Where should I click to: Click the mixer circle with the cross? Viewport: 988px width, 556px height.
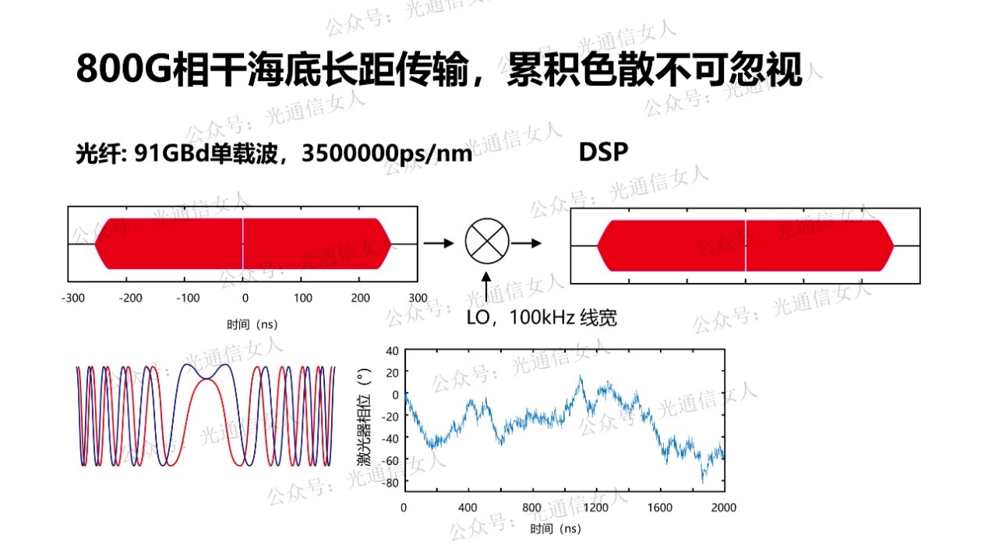[x=487, y=243]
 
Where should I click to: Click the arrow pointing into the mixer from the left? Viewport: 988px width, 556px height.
[x=439, y=243]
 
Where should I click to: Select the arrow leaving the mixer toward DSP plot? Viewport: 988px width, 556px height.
[x=527, y=243]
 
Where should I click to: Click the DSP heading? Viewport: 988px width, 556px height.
[x=603, y=152]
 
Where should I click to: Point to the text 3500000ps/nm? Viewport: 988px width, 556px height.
[x=386, y=154]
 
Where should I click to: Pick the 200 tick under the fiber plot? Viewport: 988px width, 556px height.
[x=360, y=298]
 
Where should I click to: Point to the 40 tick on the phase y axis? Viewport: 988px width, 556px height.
[x=391, y=350]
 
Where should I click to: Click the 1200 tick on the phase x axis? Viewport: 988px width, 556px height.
[x=596, y=508]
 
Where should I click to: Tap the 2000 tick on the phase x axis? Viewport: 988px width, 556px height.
[x=724, y=508]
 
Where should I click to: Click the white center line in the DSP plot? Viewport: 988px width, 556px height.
[x=746, y=245]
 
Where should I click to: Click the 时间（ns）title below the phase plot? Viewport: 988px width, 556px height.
[x=556, y=529]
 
